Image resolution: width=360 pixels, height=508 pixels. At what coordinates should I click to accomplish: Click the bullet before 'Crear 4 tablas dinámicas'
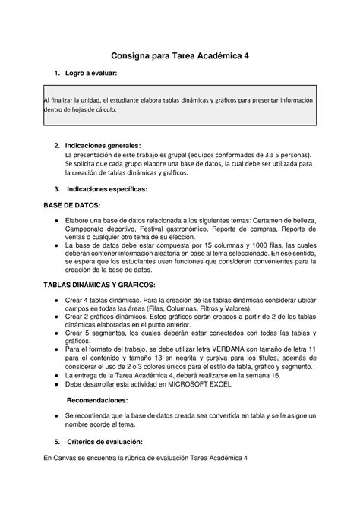(57, 300)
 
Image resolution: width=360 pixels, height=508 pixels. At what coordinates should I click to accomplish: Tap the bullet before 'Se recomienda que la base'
(57, 416)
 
